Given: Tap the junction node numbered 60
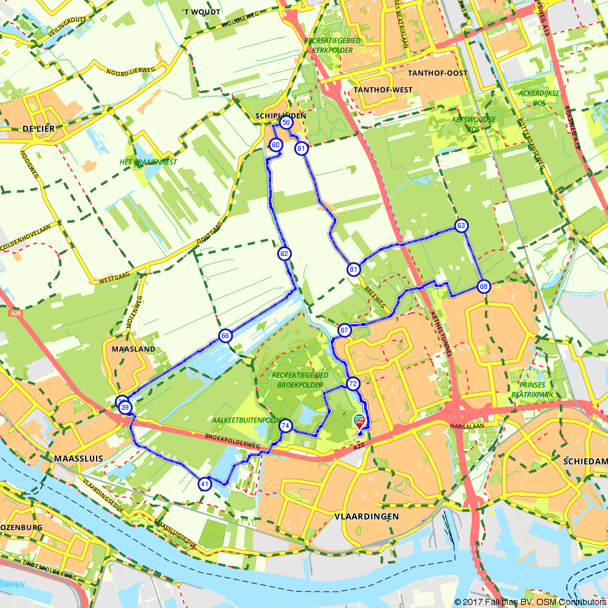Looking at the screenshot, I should point(275,145).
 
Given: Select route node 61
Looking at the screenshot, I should point(301,148).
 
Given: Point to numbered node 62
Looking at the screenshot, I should point(284,254).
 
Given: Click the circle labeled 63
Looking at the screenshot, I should point(461,226).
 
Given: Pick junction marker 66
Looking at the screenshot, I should point(225,336).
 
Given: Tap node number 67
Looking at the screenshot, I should point(345,331).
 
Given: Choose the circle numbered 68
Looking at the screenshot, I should point(483,286).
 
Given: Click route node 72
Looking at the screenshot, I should point(353,384).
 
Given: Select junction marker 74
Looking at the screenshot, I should point(285,426).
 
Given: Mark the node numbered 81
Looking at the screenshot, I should point(354,269).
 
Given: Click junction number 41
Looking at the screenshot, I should point(204,484).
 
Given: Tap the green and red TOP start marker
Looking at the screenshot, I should point(359,421).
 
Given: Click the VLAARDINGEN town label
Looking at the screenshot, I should point(367,516).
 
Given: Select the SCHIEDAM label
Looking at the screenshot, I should point(586,462).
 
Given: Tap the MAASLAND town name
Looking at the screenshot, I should point(133,350).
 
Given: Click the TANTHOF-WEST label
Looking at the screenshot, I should point(382,90).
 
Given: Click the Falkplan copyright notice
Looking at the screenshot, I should point(530,602).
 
